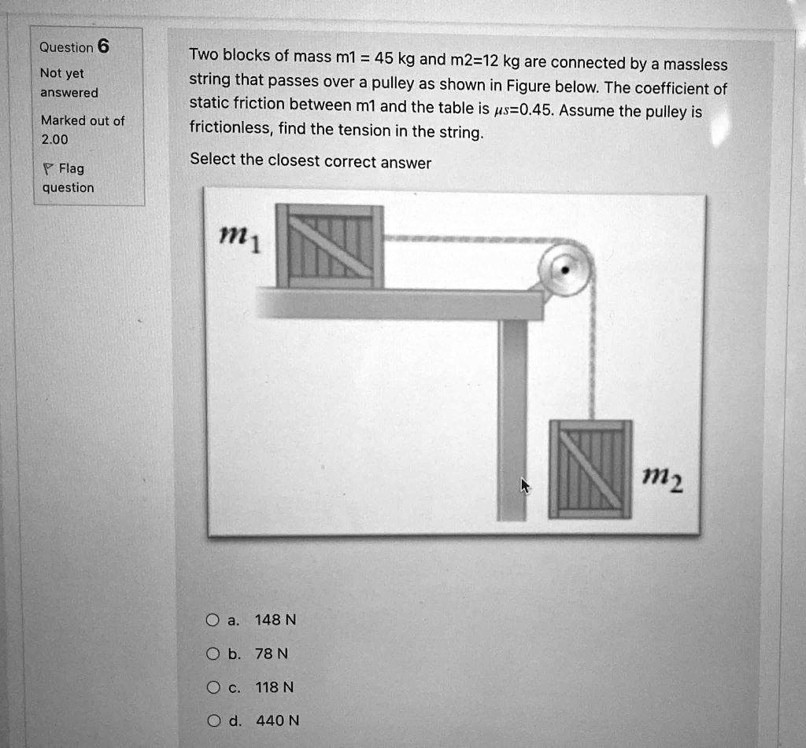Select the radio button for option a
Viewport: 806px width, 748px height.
(x=212, y=620)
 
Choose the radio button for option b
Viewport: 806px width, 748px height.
(x=212, y=654)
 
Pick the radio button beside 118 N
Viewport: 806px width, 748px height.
(x=212, y=687)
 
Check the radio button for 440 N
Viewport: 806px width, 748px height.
(x=212, y=720)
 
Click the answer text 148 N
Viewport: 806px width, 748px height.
(x=275, y=620)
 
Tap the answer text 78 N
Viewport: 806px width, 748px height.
(x=272, y=654)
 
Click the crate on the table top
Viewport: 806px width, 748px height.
(x=330, y=246)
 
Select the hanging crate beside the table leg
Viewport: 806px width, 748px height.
(x=590, y=469)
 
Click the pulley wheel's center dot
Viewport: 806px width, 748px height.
(x=564, y=269)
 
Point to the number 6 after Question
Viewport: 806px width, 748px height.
(x=103, y=46)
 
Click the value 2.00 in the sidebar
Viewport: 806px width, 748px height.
(x=54, y=139)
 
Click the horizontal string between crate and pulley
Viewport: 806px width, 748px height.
(x=464, y=238)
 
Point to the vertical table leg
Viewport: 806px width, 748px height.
(x=512, y=417)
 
